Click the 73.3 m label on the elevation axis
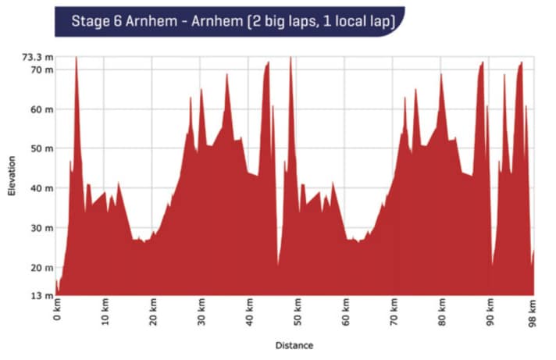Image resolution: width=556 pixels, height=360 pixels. tap(36, 57)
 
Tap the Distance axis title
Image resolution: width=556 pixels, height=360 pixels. tap(294, 344)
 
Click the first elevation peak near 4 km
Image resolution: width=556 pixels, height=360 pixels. tap(76, 59)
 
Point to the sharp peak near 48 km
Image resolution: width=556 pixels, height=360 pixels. tap(290, 59)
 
